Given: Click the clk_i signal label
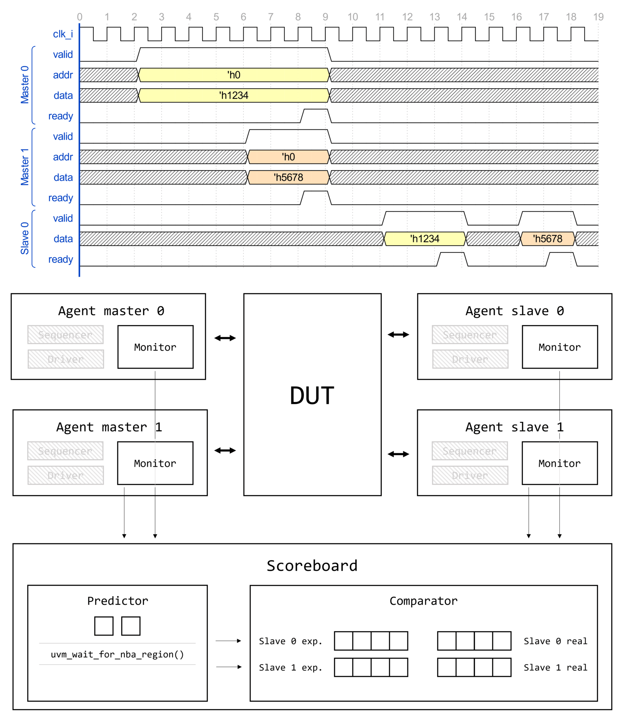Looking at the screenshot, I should coord(63,34).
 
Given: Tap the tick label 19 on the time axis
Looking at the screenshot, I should coord(598,17).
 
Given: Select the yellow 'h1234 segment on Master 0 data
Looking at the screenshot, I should coord(234,95).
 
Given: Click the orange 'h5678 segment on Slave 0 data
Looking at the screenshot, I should coord(548,239).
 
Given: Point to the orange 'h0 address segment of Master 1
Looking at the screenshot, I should coord(288,157).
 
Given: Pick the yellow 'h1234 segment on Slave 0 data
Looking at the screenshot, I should coord(425,239).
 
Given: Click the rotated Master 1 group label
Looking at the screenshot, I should coord(25,167).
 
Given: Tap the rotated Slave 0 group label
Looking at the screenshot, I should coord(25,238).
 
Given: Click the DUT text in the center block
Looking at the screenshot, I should coord(312,396).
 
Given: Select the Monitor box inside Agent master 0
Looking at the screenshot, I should coord(155,347).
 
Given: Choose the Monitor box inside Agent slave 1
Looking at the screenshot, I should coord(559,463).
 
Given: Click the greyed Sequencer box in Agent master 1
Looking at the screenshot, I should coord(65,451).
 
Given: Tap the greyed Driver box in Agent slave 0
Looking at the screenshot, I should coord(470,359).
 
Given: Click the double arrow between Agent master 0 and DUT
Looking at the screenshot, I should coord(225,338).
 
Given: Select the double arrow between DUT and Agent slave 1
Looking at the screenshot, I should coord(398,454).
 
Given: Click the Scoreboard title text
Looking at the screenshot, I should coord(312,566).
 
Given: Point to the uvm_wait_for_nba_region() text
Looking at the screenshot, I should coord(117,654).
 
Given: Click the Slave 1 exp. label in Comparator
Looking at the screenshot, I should coord(290,668).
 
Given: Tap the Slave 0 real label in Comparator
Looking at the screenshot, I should coord(555,641).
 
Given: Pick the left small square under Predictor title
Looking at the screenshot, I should coord(104,626).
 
